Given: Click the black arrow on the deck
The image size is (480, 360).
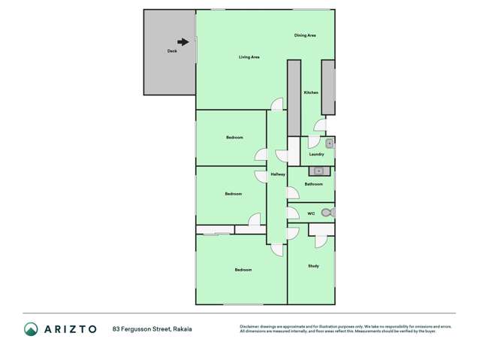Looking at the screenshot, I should pos(183,42).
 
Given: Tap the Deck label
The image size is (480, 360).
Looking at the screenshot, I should pos(171,51).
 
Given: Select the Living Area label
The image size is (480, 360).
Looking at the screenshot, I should pos(249,57).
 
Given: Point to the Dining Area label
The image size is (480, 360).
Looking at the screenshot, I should pos(304,35).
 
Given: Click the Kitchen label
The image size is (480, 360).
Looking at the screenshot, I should pos(310,92).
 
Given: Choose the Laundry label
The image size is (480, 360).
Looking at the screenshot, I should pos(315,154).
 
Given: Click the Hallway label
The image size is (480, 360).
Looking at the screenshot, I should pos(278,174).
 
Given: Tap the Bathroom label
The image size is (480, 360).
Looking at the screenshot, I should pos(313,184).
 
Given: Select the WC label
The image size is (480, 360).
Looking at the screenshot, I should pos(311,213).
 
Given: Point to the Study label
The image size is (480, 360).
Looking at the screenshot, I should pos(313,266).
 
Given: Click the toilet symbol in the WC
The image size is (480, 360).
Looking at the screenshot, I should pos(328,213).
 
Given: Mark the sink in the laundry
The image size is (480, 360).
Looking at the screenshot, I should pos(330,143).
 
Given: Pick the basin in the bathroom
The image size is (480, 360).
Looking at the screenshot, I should pos(319,171).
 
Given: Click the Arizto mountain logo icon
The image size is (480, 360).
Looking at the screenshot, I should pos(31,329).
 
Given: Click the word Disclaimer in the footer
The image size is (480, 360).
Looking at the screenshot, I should pos(249,326).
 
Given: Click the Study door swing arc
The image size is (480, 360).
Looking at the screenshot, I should pos(319,240).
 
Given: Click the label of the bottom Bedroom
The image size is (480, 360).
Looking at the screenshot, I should pos(243,270).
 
